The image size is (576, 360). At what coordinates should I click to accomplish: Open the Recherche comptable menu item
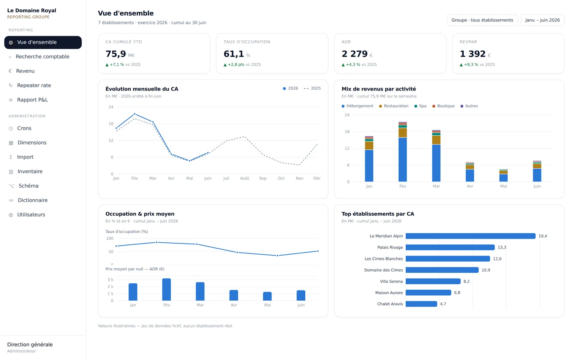42,57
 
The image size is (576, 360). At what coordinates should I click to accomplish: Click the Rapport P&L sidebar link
33,100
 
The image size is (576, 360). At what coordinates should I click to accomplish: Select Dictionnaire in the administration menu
33,200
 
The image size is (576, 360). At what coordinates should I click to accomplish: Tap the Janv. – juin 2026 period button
542,20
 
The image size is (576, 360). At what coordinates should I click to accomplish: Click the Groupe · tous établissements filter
482,20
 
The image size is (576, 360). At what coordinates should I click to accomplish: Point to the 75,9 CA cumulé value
116,54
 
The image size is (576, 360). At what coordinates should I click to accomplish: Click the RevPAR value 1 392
472,54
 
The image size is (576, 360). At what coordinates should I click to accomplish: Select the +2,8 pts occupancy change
236,65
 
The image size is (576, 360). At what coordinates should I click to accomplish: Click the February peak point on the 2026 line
135,114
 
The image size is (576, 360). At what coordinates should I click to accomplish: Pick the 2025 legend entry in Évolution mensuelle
312,88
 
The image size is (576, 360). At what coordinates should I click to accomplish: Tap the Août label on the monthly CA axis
244,178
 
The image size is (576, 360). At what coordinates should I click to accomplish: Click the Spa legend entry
420,106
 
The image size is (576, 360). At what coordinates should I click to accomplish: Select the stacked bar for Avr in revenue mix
470,172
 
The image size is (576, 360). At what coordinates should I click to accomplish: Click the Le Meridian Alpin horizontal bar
471,236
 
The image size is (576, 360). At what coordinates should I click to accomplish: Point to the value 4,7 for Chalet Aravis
443,304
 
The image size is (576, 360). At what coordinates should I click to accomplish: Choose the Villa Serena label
391,281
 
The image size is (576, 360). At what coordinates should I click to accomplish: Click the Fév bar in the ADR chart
167,290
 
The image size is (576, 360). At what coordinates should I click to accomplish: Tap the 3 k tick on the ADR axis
110,279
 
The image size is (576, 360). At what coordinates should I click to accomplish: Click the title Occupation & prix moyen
140,214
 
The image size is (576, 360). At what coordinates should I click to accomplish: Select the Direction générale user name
30,345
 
